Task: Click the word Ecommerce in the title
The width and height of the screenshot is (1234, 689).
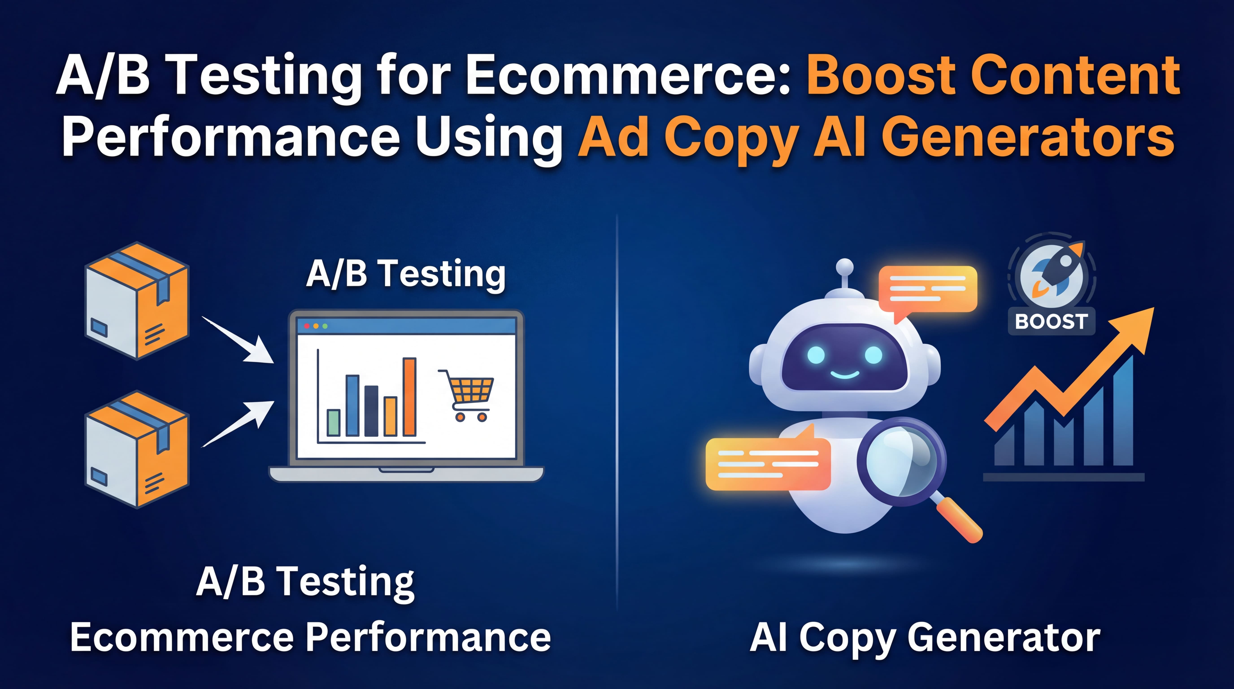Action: pyautogui.click(x=628, y=76)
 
